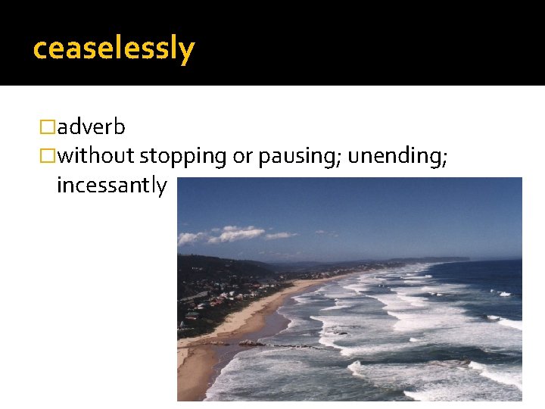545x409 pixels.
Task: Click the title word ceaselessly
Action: click(114, 48)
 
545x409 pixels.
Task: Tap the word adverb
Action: click(91, 126)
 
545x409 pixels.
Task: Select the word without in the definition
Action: click(95, 156)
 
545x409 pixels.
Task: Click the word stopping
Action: click(182, 156)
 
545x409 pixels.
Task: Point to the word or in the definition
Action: click(242, 156)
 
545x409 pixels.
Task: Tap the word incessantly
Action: click(111, 186)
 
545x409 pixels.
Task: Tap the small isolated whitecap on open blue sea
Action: click(504, 293)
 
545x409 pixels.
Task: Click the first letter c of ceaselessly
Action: click(40, 49)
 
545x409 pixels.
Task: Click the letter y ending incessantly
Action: click(161, 187)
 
